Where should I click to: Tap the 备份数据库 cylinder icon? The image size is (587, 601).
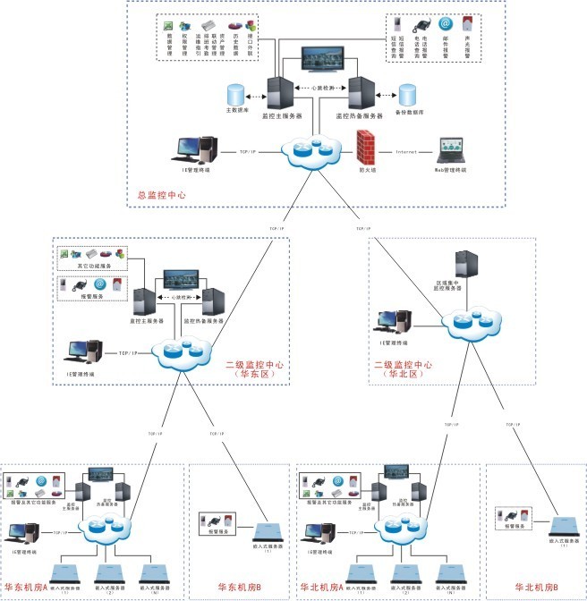407,94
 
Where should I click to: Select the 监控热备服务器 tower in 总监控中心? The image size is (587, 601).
360,92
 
